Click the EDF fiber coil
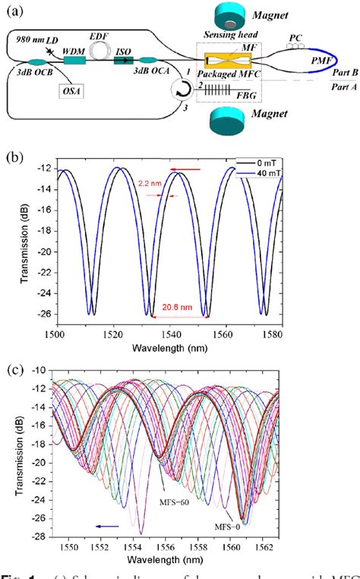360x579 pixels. [x=99, y=47]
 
